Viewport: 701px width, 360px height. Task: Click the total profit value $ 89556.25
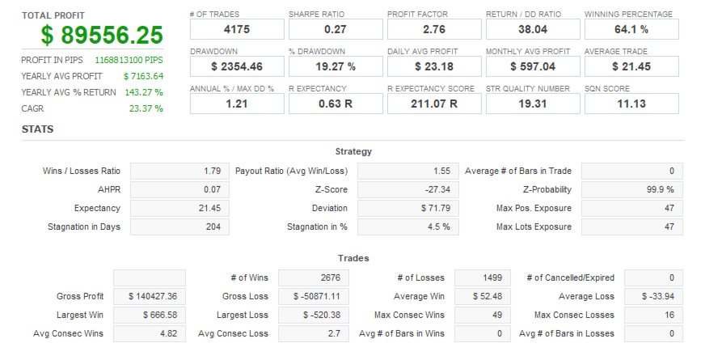[103, 35]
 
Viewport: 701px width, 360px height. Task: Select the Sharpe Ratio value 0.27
[336, 29]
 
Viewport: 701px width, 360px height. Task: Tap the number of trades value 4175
[237, 29]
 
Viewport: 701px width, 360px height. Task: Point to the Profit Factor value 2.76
[434, 29]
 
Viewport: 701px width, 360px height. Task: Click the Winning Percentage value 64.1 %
[631, 29]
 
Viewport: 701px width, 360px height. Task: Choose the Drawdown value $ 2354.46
[237, 66]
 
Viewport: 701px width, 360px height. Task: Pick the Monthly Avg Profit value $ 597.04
[533, 66]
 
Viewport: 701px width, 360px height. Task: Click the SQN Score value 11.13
[631, 104]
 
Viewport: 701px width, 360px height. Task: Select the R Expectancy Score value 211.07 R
[434, 104]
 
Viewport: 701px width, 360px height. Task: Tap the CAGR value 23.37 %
[146, 108]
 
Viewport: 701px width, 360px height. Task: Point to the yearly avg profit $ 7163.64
[143, 76]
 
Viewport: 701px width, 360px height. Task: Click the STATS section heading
[39, 129]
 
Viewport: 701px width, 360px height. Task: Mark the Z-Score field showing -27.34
[407, 189]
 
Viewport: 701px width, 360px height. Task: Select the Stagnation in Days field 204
[180, 227]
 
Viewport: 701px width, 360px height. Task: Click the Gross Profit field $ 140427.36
[150, 296]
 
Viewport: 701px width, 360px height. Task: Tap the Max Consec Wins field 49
[484, 315]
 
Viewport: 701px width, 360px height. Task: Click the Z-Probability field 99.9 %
[630, 189]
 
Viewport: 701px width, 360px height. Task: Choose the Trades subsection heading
[353, 258]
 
